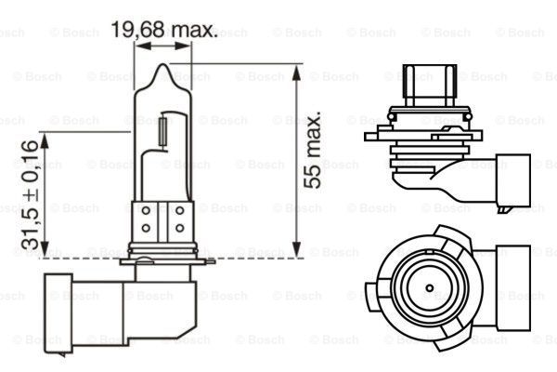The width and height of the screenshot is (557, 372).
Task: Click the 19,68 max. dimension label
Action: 164,31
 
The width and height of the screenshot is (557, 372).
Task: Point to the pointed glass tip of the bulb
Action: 164,68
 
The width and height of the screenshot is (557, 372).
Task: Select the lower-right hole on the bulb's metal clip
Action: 179,229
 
